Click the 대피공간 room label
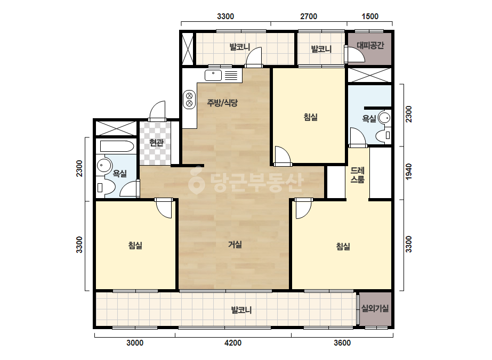point(370,45)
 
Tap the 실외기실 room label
point(375,308)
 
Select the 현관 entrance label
point(156,143)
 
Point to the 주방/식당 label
point(222,103)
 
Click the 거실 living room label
point(235,244)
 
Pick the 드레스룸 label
point(357,175)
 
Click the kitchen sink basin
point(213,75)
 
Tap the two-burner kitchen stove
point(189,100)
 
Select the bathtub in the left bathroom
point(117,146)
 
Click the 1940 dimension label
point(408,172)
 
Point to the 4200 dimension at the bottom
point(233,343)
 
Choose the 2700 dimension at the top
point(309,17)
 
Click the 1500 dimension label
point(370,17)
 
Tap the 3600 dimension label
point(342,343)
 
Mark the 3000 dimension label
point(135,343)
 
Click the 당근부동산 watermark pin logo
point(196,180)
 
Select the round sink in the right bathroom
point(384,118)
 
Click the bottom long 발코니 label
point(241,310)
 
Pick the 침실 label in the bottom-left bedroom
point(135,245)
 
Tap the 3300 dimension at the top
point(225,17)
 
